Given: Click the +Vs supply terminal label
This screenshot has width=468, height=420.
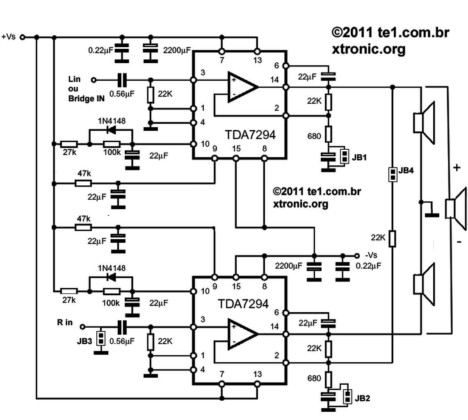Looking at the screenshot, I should click(x=9, y=37).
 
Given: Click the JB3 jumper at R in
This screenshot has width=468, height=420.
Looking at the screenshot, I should click(x=100, y=339).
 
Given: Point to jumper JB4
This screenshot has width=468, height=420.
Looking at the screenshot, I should click(x=393, y=174).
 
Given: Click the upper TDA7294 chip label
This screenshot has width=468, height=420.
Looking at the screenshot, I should click(x=250, y=135).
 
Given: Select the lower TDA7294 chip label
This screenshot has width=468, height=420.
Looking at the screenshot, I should click(x=243, y=304).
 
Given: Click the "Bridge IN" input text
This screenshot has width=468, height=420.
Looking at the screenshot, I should click(x=86, y=98).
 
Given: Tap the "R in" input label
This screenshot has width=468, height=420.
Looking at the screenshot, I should click(x=65, y=322).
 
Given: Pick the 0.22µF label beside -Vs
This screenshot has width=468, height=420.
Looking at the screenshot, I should click(x=368, y=265).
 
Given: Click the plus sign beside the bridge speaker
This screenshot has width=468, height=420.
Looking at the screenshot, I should click(x=456, y=168).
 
